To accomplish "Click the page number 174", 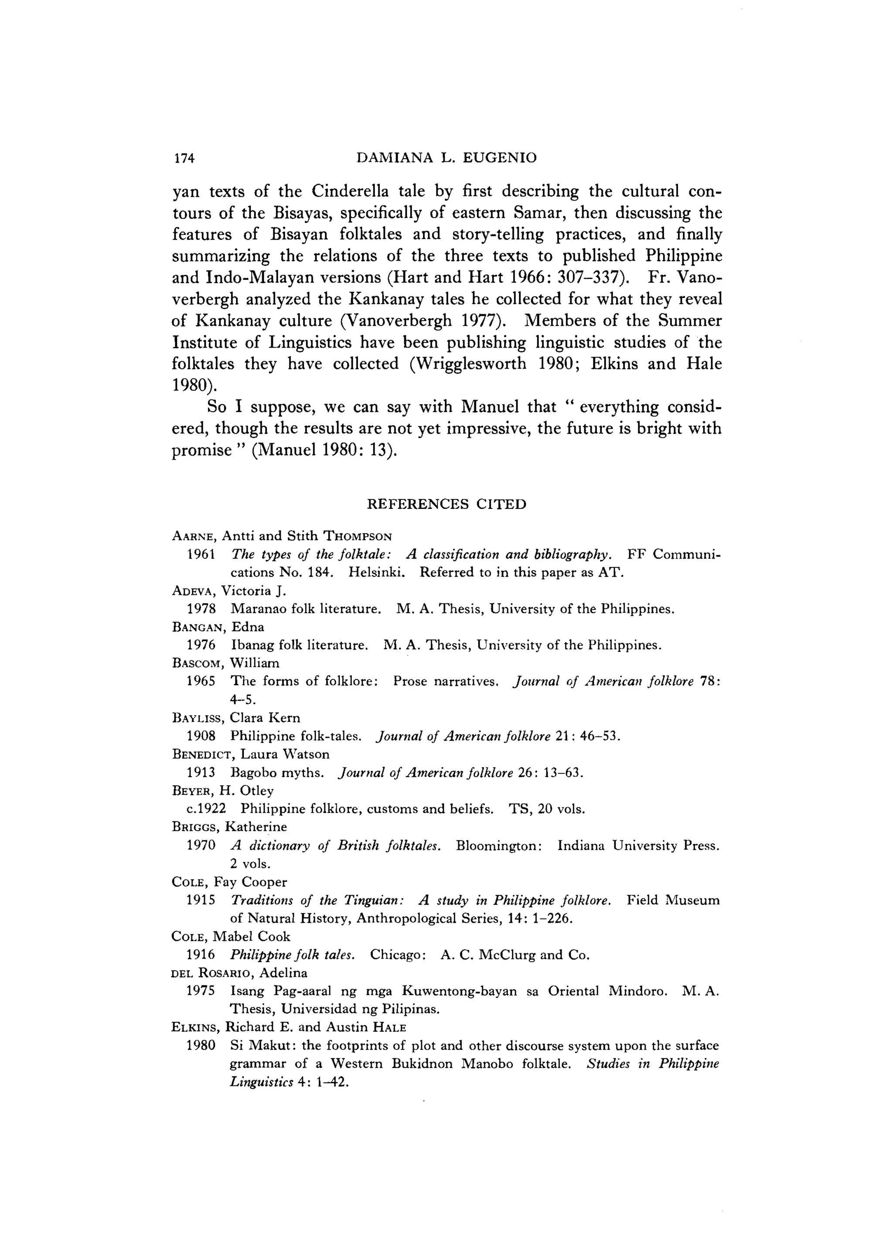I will point(184,159).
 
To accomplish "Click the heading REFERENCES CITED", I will point(446,504).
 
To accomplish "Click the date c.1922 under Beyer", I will point(206,809).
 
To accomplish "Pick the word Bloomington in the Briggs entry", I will point(499,846).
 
